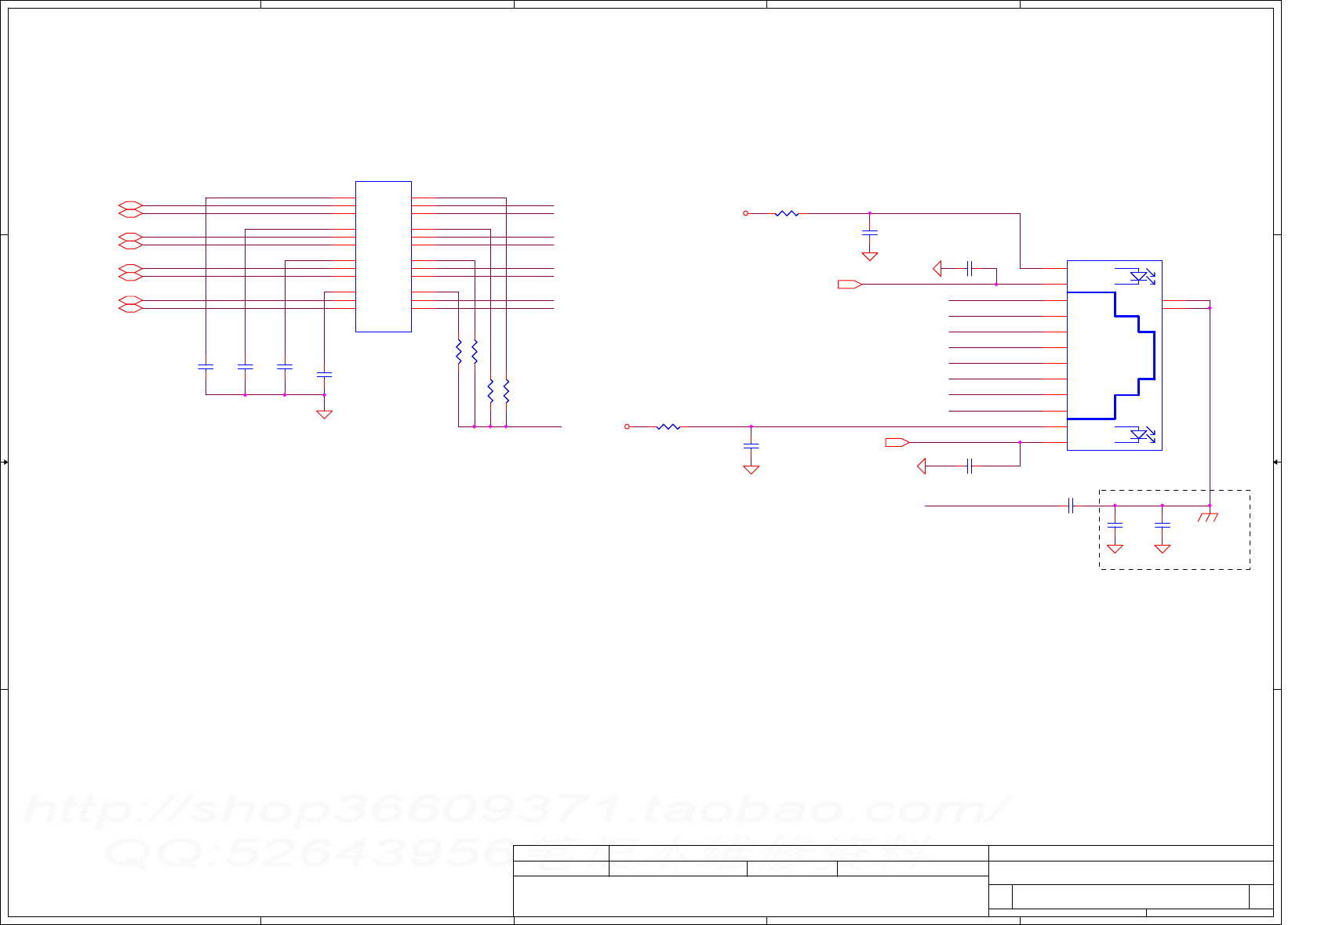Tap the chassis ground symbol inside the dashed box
tap(1208, 517)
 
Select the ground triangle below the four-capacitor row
tap(324, 413)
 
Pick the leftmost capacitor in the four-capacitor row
tap(206, 366)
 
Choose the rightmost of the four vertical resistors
tap(506, 390)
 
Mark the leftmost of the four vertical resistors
tap(459, 351)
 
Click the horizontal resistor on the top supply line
tap(786, 213)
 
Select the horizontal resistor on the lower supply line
tap(668, 426)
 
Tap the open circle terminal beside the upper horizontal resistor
tap(746, 213)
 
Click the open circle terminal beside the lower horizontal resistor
tap(627, 426)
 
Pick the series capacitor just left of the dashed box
tap(1071, 506)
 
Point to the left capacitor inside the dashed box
tap(1115, 524)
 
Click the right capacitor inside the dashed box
tap(1163, 524)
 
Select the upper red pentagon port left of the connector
tap(850, 284)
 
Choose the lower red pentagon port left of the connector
tap(897, 442)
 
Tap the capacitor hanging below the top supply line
tap(869, 233)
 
